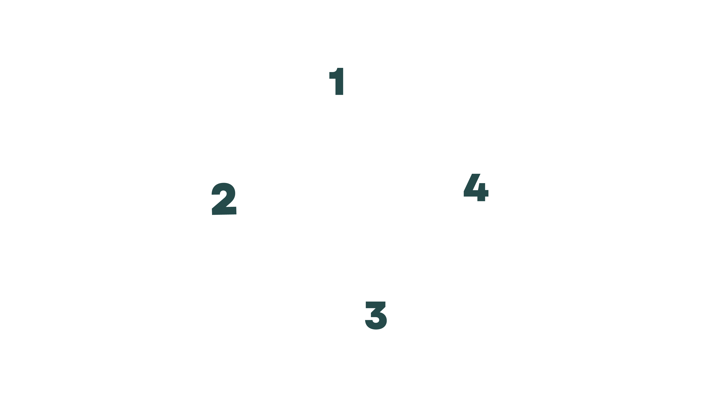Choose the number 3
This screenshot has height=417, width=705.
tap(376, 315)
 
